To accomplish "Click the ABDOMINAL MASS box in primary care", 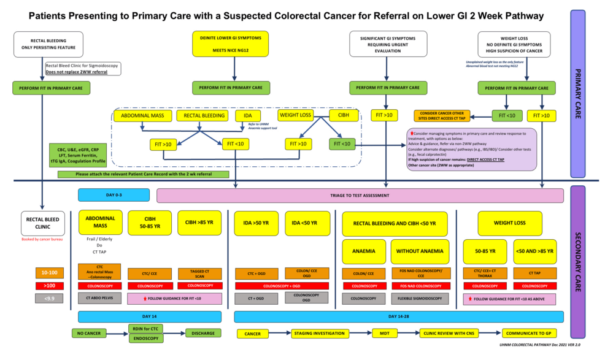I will coord(142,116).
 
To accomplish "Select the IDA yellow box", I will coord(244,116).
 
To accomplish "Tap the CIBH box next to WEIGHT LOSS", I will coord(339,115).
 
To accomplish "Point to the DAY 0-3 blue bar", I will coord(114,195).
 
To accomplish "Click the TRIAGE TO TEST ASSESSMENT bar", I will coord(360,195).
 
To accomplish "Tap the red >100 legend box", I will coord(50,285).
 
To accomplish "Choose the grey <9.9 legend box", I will coord(50,299).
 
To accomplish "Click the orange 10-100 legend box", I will coord(50,272).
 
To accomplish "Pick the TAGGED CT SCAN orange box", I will coord(199,273).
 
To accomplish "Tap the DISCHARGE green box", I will coord(202,334).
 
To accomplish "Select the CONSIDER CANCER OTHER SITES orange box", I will coord(441,115).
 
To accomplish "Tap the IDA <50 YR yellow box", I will coord(306,223).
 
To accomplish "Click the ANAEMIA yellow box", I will coord(363,251).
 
